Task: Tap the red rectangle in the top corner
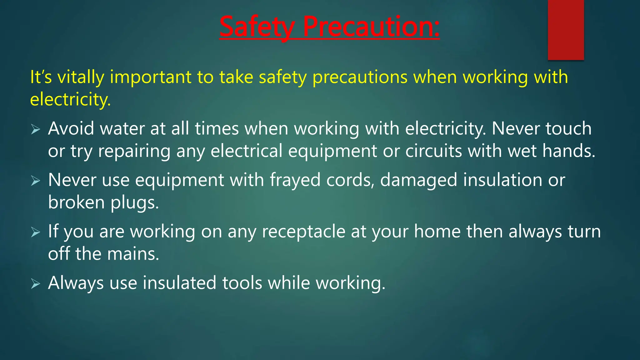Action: tap(566, 30)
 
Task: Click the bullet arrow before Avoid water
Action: tap(36, 129)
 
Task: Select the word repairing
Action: tap(134, 151)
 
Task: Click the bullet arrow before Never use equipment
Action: tap(36, 181)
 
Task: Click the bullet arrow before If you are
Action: tap(36, 232)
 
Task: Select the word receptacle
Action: tap(303, 232)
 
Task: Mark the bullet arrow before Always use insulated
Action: tap(36, 284)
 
